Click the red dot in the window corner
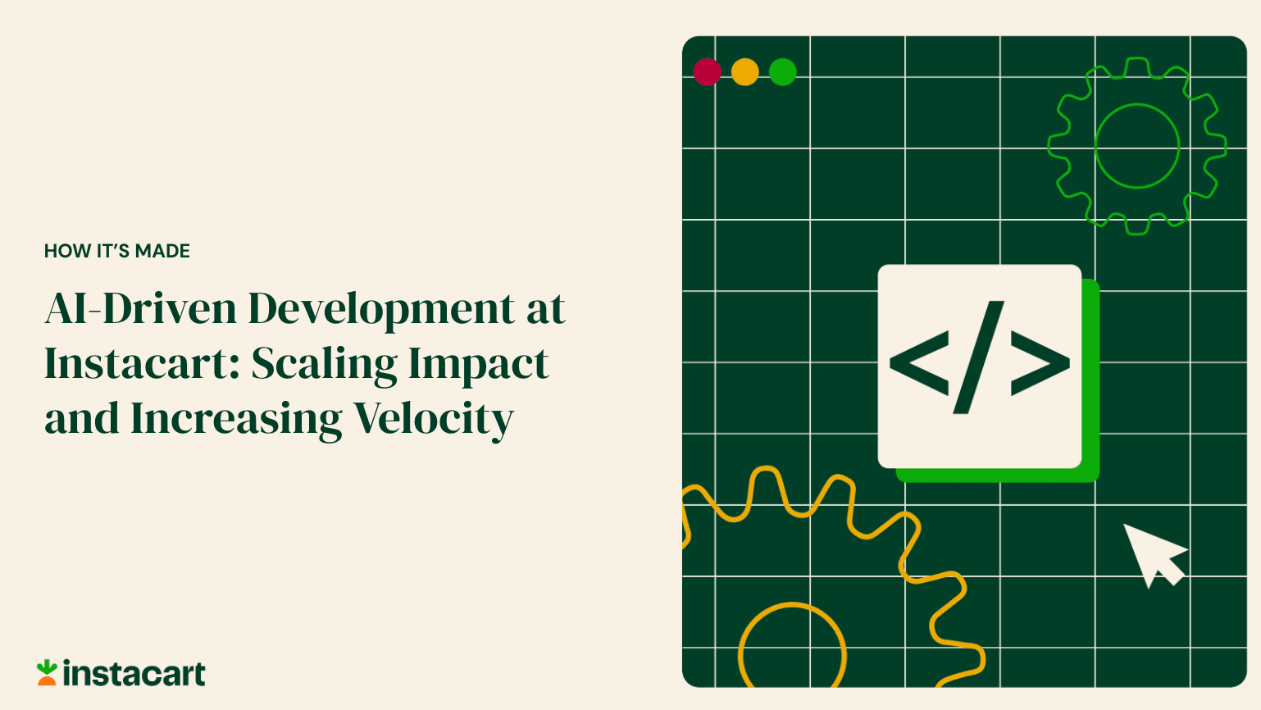pyautogui.click(x=707, y=72)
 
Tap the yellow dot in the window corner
pyautogui.click(x=745, y=72)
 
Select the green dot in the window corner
pyautogui.click(x=783, y=72)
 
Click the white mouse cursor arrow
pyautogui.click(x=1151, y=553)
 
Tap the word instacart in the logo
pyautogui.click(x=134, y=674)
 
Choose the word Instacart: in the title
pyautogui.click(x=142, y=364)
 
